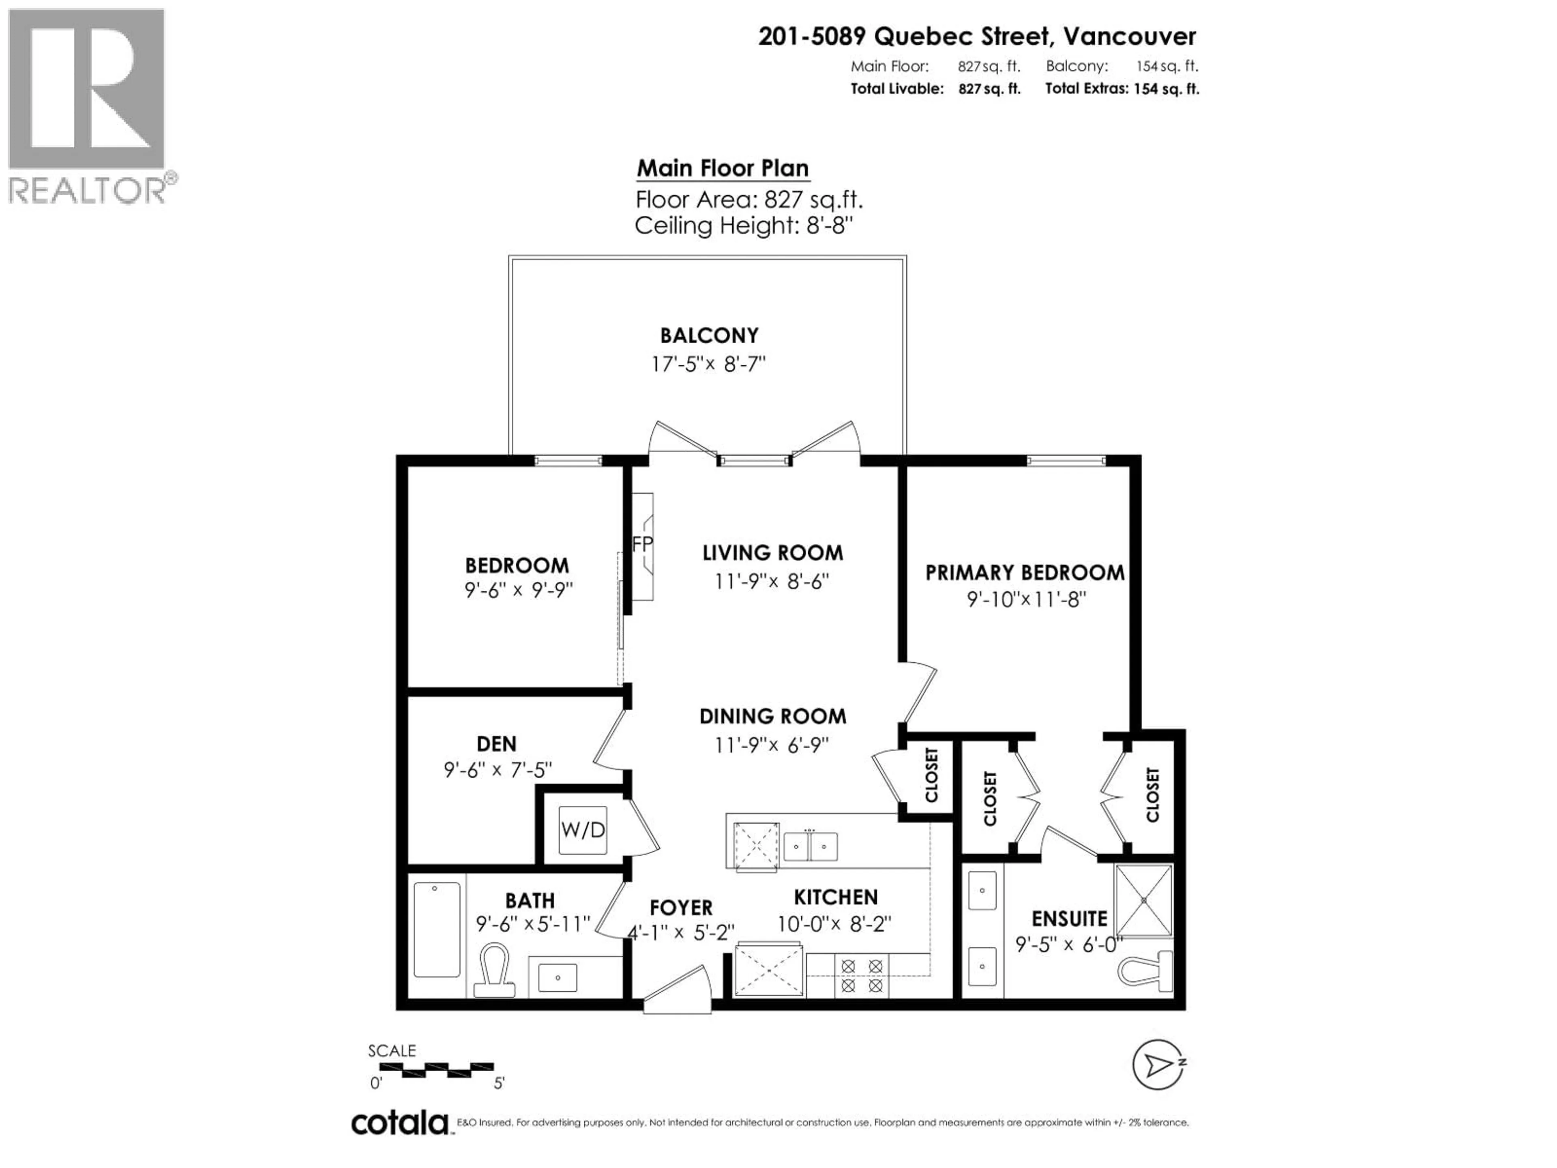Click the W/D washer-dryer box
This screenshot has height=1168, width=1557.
(583, 830)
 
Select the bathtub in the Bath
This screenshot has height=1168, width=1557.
(436, 930)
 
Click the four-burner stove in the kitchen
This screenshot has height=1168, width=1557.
(862, 976)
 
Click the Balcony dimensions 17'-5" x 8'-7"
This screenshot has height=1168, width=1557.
(708, 364)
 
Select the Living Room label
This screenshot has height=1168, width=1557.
(772, 553)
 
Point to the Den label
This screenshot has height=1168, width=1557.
(496, 743)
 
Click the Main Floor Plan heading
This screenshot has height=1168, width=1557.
(722, 168)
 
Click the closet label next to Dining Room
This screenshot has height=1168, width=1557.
(931, 775)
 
